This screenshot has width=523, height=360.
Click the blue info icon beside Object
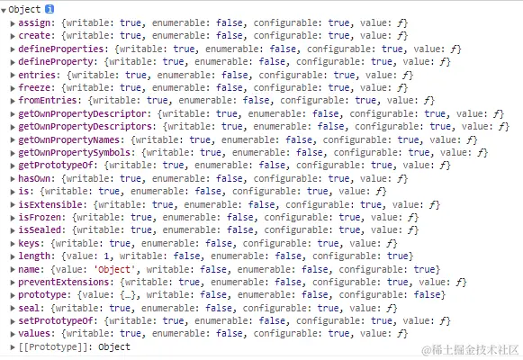(x=50, y=9)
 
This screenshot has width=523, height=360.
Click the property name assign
(x=34, y=23)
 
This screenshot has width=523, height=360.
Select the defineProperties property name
(x=61, y=49)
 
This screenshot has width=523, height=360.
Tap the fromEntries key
(x=48, y=100)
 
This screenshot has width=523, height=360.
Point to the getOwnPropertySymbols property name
(x=75, y=153)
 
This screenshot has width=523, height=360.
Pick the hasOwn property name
(x=34, y=179)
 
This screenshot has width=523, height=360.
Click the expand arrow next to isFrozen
(x=13, y=218)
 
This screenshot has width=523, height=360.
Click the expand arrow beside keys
(x=13, y=244)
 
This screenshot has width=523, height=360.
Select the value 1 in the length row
(x=106, y=256)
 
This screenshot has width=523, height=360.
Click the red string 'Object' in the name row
(x=114, y=269)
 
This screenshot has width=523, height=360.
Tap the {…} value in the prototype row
(x=129, y=295)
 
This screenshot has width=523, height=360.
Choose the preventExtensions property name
(x=64, y=283)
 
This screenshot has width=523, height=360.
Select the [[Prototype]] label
(x=53, y=347)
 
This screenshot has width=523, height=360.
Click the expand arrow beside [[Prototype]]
(x=13, y=347)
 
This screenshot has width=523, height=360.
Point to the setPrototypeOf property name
(x=56, y=321)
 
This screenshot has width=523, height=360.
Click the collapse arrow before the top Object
(x=4, y=10)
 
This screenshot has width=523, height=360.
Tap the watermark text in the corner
(x=470, y=350)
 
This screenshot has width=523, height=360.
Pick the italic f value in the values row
(x=401, y=334)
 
